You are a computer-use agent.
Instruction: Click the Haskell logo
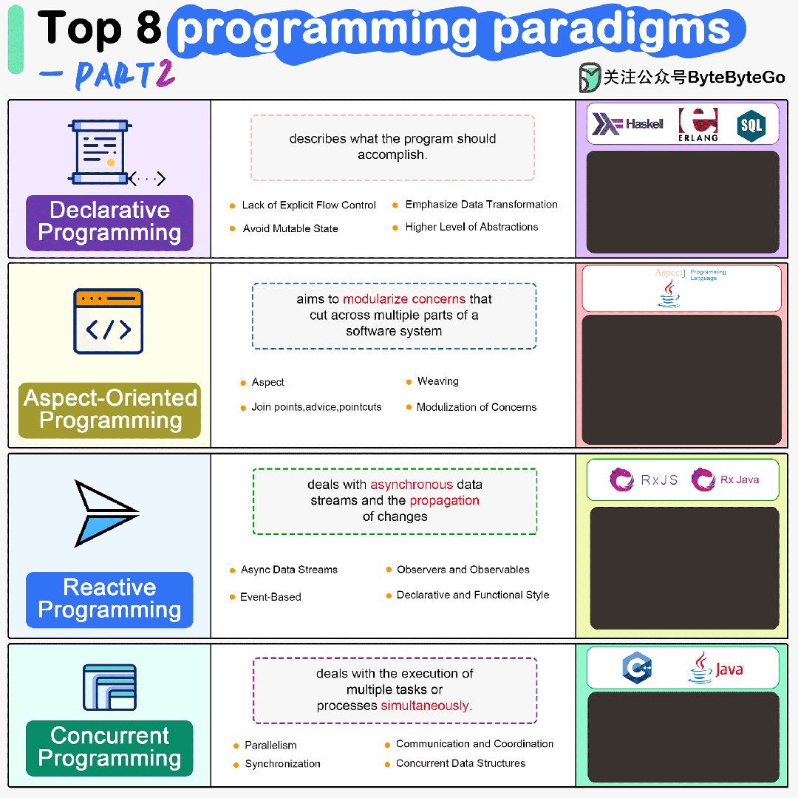point(627,124)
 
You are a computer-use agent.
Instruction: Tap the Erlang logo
point(698,124)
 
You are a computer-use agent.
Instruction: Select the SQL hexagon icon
point(751,126)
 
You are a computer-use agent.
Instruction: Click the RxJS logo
point(644,480)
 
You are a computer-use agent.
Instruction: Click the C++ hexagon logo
point(636,668)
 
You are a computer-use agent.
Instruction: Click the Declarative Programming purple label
point(109,222)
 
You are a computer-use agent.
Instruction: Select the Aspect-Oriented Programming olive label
point(110,409)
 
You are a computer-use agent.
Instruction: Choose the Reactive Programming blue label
point(109,599)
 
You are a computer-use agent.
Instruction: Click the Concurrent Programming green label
point(109,747)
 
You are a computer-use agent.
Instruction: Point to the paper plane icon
point(106,513)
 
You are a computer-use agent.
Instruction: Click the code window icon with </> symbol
point(108,321)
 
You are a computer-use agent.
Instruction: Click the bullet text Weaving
point(437,381)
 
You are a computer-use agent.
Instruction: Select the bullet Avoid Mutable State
point(290,228)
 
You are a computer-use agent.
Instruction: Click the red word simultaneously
point(425,706)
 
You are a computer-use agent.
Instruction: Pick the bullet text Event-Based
point(270,597)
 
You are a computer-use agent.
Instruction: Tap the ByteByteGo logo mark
point(590,77)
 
